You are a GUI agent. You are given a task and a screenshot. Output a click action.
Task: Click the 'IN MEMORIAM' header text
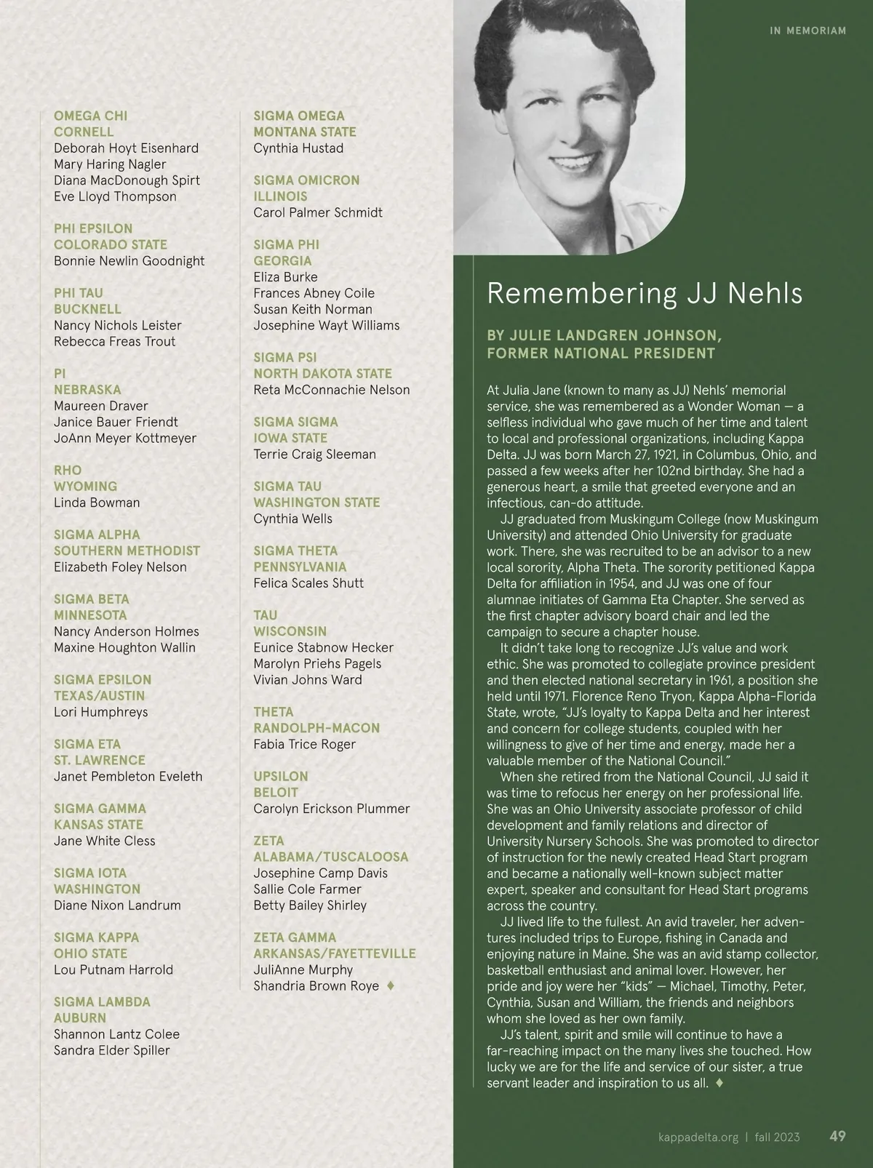(x=808, y=31)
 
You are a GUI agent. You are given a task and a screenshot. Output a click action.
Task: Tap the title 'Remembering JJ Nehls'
(x=645, y=293)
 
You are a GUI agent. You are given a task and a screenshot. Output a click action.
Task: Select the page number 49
(x=837, y=1136)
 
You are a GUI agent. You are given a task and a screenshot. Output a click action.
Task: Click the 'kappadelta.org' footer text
(x=698, y=1137)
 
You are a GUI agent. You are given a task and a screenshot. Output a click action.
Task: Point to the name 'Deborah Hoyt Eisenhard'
(x=126, y=148)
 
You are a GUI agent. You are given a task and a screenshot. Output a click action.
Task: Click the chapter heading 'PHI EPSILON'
(x=93, y=228)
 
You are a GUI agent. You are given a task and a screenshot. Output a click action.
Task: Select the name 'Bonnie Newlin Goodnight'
(x=129, y=261)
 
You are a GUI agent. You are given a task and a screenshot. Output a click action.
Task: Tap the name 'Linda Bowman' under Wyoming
(x=97, y=503)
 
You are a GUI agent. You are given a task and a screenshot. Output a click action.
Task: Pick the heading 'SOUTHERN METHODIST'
(x=127, y=551)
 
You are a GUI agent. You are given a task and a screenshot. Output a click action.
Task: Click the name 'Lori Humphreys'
(x=100, y=712)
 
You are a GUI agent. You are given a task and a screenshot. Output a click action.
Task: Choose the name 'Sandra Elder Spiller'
(x=111, y=1050)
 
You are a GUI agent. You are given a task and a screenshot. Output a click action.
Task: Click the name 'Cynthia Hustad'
(x=298, y=148)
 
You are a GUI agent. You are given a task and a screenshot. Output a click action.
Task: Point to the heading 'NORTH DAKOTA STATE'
(x=322, y=373)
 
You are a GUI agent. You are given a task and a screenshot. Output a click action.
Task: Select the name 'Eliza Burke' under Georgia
(x=285, y=277)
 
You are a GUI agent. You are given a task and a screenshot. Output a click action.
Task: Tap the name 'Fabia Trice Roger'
(x=304, y=744)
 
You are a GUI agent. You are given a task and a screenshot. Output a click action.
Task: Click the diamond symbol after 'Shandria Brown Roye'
(x=391, y=986)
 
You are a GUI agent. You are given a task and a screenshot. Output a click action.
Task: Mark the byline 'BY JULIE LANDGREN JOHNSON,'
(x=604, y=335)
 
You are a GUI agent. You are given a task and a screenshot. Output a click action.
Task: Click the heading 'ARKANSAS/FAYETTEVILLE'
(x=335, y=953)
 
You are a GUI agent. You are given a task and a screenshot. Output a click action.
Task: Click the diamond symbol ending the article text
(x=719, y=1083)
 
